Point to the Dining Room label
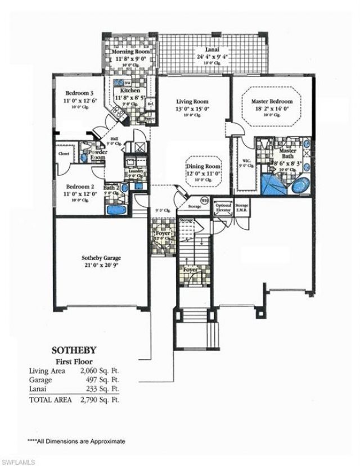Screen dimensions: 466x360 [x=204, y=167]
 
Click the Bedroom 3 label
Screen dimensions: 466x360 [x=75, y=93]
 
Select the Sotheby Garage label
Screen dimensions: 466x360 [x=102, y=258]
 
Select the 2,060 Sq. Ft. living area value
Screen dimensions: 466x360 [x=101, y=372]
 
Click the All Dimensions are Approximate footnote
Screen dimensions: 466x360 [x=76, y=441]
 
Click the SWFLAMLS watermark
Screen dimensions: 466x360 [x=19, y=462]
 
